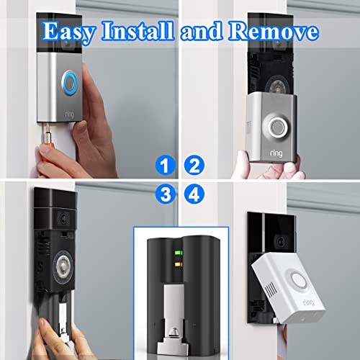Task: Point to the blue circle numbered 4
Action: [x=193, y=192]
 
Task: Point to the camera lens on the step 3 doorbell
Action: [x=64, y=216]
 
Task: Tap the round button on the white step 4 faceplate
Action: [x=305, y=279]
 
